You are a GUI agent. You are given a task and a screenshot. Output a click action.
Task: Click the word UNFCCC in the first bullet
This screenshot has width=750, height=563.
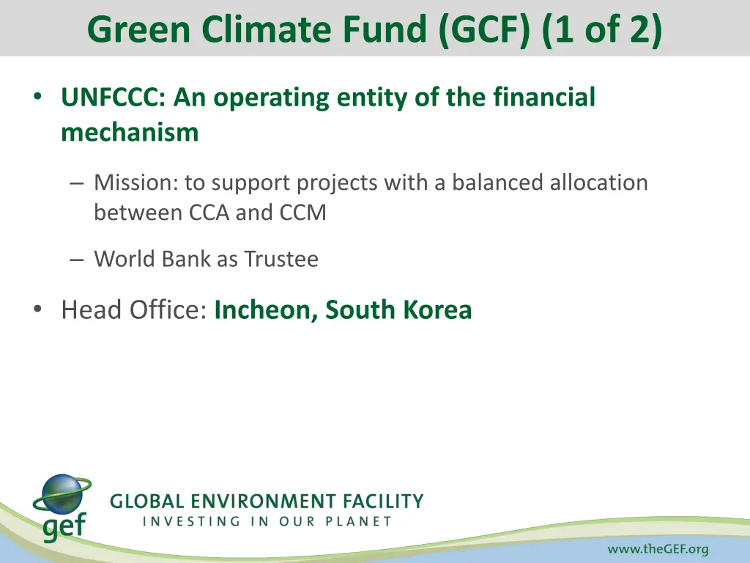(x=113, y=97)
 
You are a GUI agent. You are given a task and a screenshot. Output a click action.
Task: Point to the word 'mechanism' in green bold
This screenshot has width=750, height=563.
(x=130, y=133)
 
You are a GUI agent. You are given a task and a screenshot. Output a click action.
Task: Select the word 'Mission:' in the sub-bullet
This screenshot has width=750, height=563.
(x=136, y=182)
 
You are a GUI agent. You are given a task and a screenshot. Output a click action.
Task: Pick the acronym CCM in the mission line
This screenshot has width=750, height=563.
(x=302, y=213)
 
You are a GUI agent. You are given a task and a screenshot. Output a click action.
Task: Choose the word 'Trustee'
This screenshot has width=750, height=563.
(x=281, y=259)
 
